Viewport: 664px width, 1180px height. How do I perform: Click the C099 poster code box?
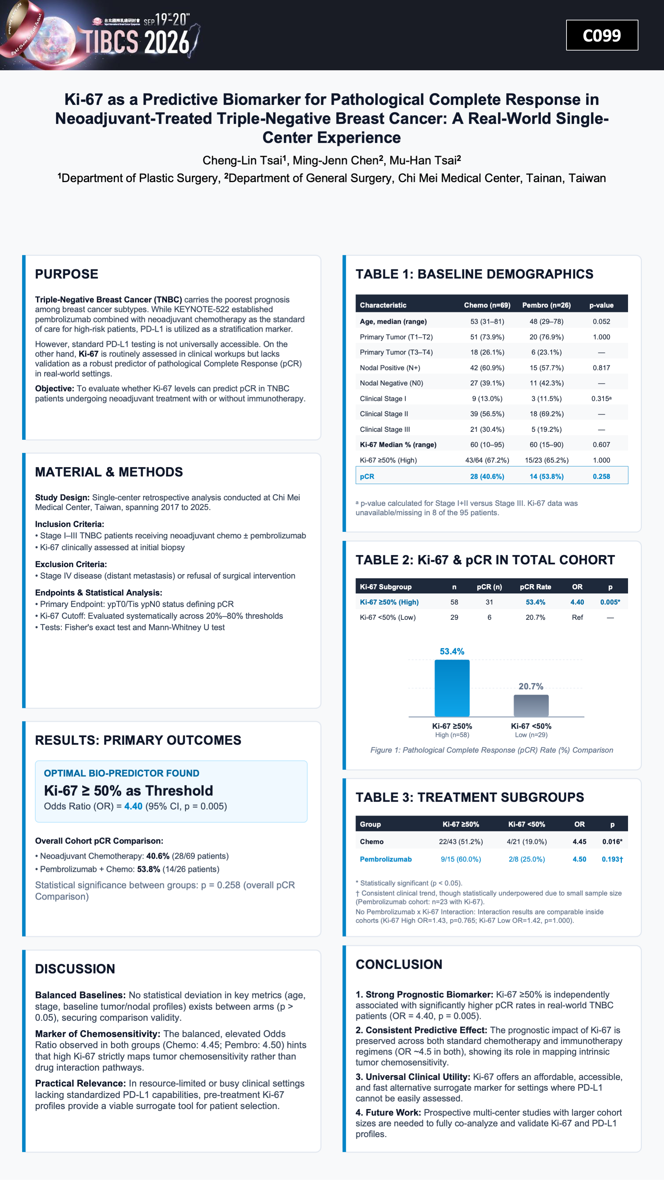tap(602, 35)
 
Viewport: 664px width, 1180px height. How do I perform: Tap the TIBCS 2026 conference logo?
tap(101, 35)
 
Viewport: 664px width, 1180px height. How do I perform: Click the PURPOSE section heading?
tap(67, 274)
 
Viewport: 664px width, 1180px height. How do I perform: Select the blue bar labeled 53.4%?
tap(452, 688)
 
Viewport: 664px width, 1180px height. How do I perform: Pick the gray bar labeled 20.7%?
tap(531, 705)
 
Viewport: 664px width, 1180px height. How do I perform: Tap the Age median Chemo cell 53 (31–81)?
tap(487, 322)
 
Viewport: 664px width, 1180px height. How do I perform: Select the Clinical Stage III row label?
tap(385, 429)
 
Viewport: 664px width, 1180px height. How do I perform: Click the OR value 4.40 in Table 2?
tap(577, 602)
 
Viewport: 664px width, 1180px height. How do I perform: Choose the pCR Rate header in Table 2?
tap(535, 587)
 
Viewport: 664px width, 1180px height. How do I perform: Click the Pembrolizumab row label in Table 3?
tap(386, 859)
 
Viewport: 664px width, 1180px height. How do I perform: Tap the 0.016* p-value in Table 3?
tap(612, 841)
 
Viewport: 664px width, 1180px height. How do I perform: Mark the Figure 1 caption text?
tap(491, 750)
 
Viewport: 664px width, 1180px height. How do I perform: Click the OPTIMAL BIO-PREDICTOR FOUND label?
tap(122, 773)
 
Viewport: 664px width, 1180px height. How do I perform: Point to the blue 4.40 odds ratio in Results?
tap(133, 806)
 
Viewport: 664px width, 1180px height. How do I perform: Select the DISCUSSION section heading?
tap(75, 969)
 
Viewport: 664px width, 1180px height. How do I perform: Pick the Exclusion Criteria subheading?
tap(71, 564)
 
